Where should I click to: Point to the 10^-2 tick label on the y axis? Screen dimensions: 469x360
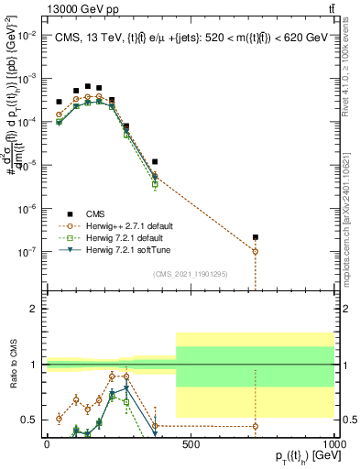coord(27,35)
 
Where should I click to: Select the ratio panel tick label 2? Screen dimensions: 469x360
coord(34,310)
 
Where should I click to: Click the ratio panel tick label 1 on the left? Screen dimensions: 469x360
coord(34,365)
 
